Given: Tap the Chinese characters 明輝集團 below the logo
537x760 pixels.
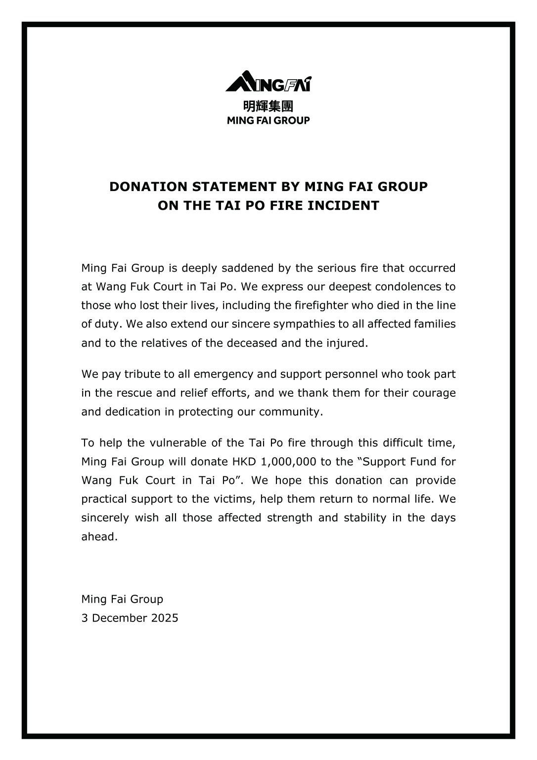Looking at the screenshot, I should tap(268, 106).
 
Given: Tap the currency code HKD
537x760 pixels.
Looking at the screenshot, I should tap(244, 462).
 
